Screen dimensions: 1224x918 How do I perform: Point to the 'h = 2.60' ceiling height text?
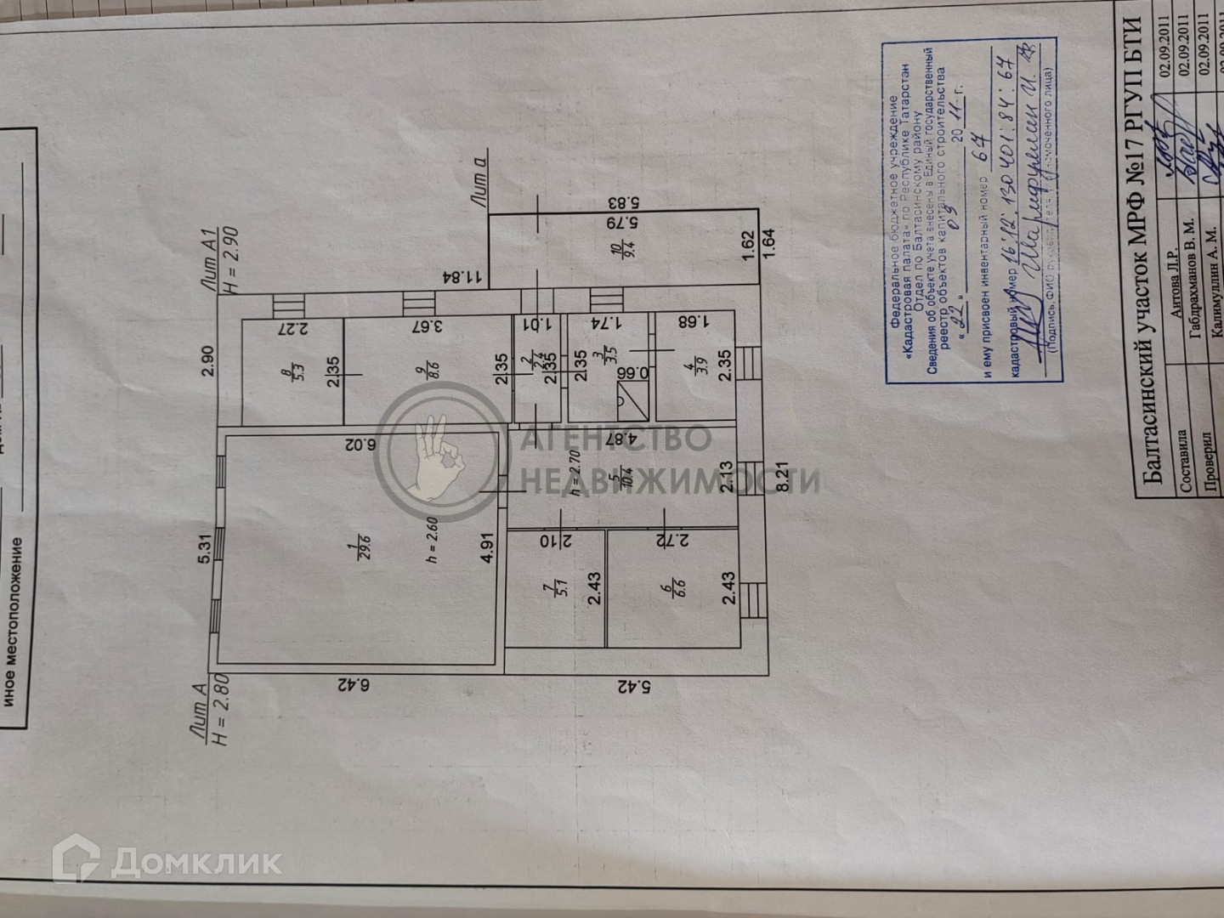[x=432, y=541]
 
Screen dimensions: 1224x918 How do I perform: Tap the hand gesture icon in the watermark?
[x=433, y=460]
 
